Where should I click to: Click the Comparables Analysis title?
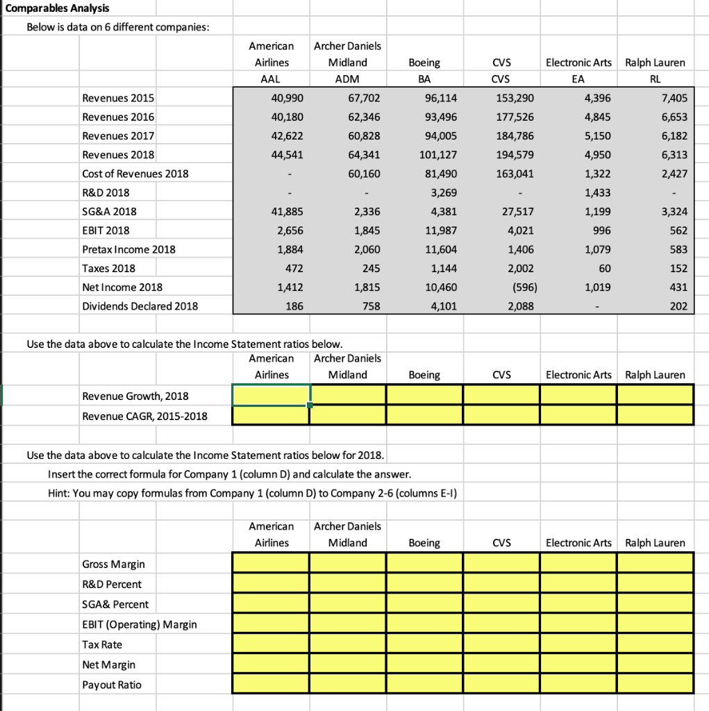pyautogui.click(x=49, y=8)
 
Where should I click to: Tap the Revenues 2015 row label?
pyautogui.click(x=118, y=98)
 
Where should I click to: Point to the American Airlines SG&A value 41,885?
pyautogui.click(x=287, y=211)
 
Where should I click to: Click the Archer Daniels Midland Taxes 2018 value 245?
pyautogui.click(x=369, y=268)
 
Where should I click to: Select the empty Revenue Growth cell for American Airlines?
pyautogui.click(x=271, y=395)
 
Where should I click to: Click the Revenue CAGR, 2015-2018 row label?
pyautogui.click(x=144, y=416)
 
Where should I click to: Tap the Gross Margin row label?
pyautogui.click(x=113, y=563)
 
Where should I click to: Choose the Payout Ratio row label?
pyautogui.click(x=111, y=685)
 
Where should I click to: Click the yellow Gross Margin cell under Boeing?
pyautogui.click(x=424, y=563)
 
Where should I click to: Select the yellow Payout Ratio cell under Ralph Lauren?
pyautogui.click(x=654, y=685)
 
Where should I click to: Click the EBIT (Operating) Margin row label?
pyautogui.click(x=139, y=624)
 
